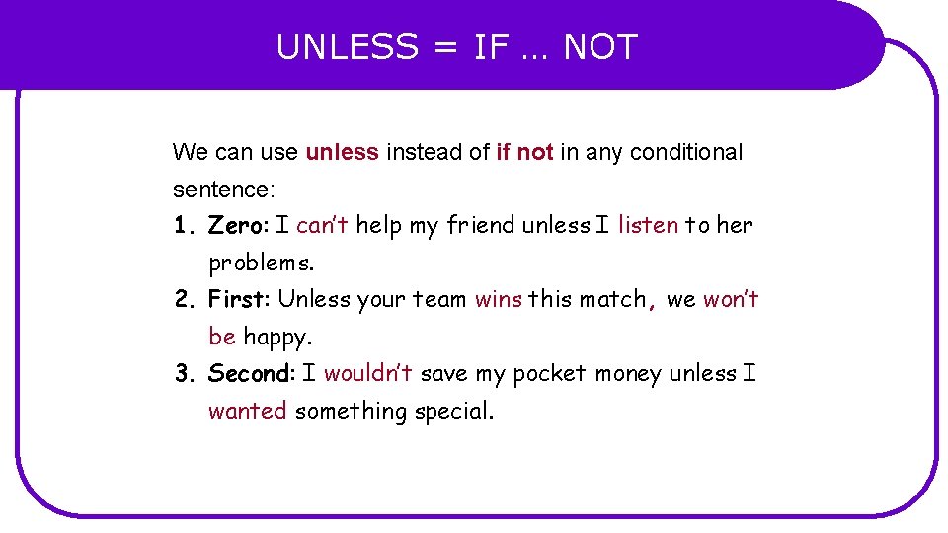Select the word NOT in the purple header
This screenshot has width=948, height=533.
coord(600,47)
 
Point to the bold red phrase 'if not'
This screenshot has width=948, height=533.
coord(524,152)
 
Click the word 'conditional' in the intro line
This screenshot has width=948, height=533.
coord(686,152)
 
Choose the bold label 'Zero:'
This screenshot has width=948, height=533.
coord(238,225)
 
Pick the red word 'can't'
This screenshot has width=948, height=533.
coord(322,225)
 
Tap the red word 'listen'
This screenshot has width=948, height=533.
coord(648,225)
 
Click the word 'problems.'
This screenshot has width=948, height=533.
coord(262,264)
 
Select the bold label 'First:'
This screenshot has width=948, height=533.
coord(240,299)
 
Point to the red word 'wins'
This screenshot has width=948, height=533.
coord(499,299)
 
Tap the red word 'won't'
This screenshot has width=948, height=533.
coord(731,299)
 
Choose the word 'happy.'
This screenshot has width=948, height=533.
coord(277,337)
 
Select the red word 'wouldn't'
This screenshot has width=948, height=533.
coord(368,374)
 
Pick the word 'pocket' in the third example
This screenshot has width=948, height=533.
coord(549,374)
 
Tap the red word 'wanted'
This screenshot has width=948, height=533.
coord(247,411)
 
